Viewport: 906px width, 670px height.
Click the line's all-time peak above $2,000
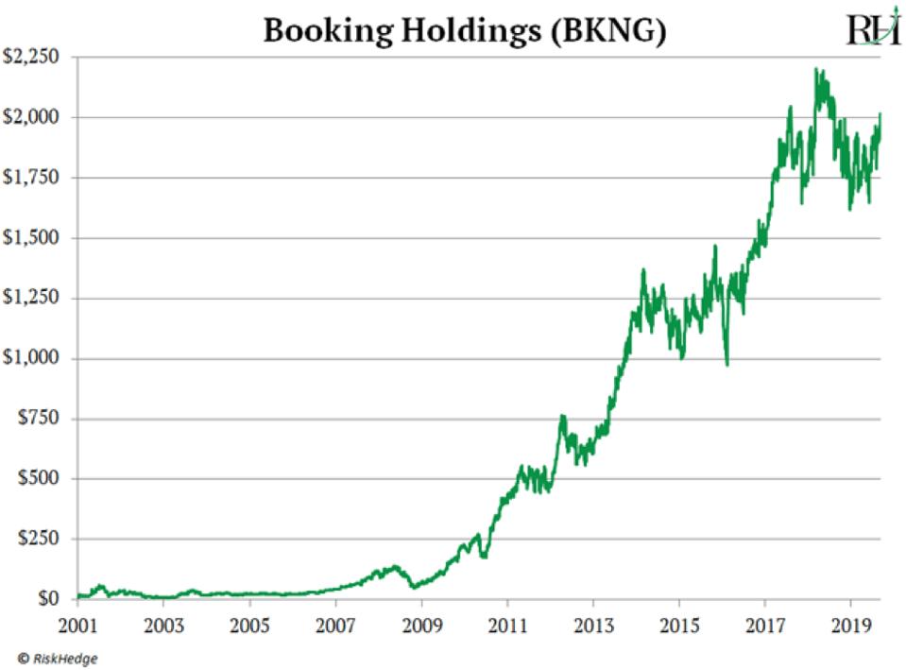point(815,69)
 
